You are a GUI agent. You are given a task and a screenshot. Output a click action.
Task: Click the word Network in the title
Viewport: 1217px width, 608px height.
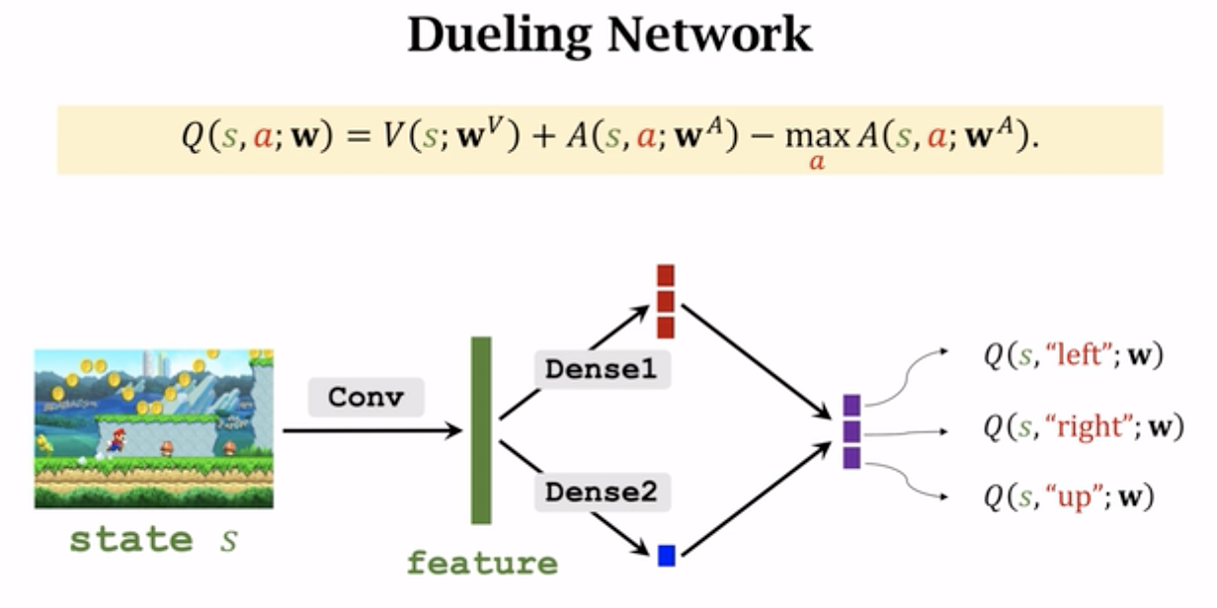tap(709, 37)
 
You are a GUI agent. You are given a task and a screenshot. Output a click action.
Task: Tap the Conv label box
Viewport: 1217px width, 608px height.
tap(365, 397)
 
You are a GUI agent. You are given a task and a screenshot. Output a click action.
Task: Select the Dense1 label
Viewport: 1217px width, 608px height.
tap(602, 369)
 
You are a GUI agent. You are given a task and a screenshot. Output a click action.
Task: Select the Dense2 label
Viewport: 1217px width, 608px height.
tap(602, 492)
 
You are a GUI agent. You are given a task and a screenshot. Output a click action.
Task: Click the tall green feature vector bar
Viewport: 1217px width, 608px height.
tap(481, 430)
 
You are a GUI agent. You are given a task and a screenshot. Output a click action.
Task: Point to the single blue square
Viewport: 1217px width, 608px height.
tap(667, 556)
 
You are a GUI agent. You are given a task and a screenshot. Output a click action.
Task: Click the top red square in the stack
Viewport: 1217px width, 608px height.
tap(666, 275)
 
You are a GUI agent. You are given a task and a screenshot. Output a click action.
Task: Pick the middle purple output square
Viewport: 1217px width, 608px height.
tap(852, 431)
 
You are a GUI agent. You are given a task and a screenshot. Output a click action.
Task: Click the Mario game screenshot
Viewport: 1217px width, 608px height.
tap(153, 428)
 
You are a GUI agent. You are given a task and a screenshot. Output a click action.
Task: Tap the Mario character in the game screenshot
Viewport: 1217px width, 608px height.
tap(116, 440)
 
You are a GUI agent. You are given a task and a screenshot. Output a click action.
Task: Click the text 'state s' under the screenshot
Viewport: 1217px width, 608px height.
tap(153, 540)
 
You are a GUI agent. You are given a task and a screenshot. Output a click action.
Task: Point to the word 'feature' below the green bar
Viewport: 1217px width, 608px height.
tap(482, 564)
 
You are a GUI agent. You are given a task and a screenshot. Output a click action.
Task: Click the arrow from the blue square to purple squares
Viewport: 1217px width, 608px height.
tap(756, 499)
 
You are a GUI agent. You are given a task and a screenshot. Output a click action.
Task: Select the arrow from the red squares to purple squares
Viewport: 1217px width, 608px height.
tap(756, 359)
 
